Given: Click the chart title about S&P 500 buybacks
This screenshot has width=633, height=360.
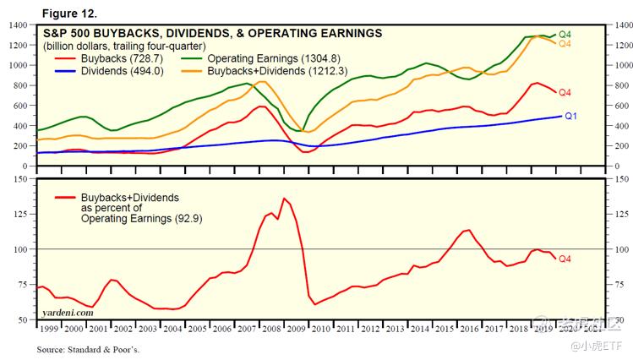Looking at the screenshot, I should [x=212, y=33].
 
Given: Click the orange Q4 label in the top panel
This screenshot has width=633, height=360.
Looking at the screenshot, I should [x=565, y=43].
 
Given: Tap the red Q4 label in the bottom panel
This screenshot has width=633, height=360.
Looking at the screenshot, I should [x=565, y=259].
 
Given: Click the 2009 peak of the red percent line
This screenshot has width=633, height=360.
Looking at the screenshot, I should [x=284, y=199].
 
